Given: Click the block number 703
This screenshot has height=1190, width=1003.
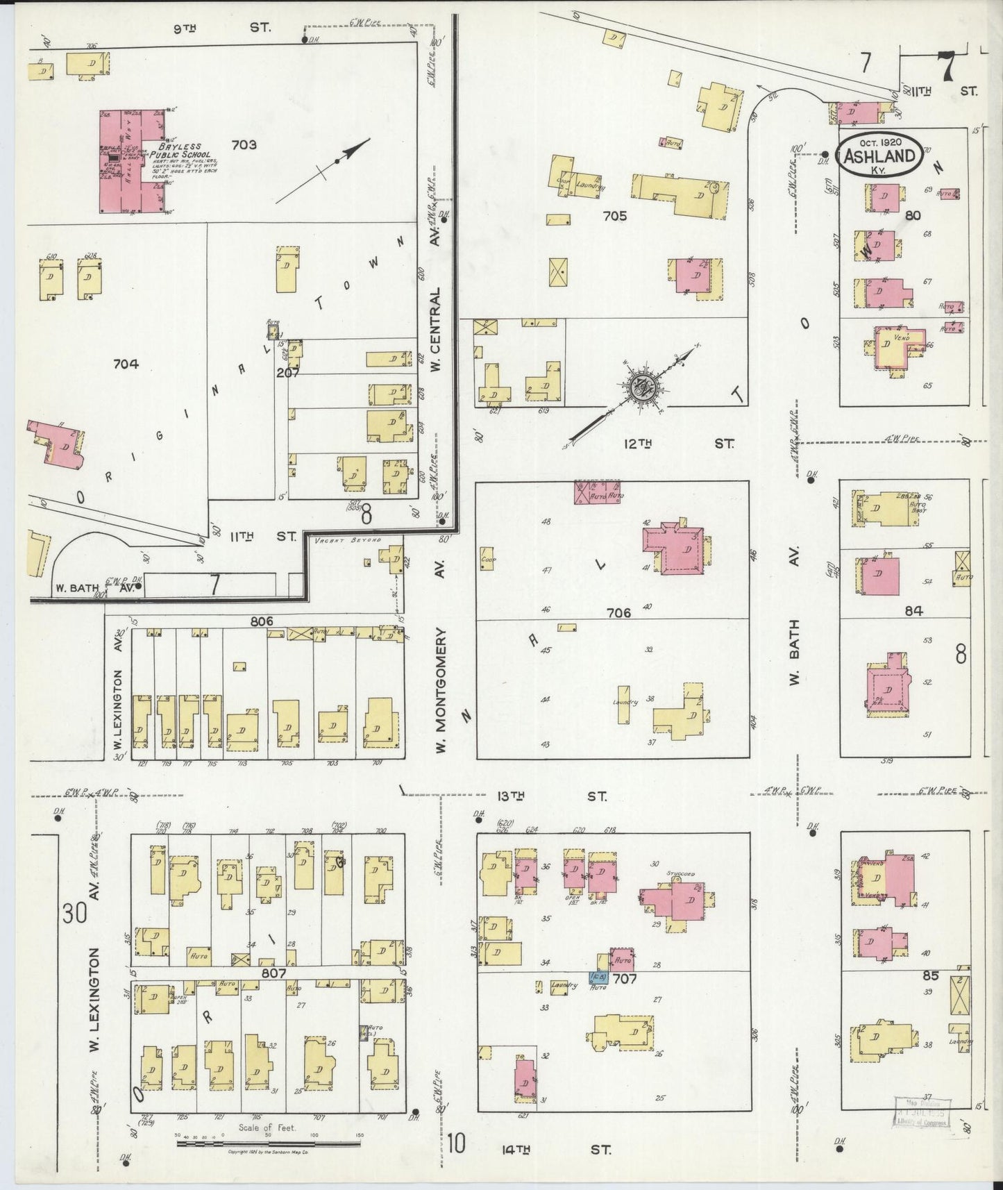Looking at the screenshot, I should click(244, 144).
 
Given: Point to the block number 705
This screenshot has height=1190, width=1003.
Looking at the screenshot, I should click(615, 216).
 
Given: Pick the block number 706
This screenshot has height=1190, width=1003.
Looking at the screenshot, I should click(618, 612).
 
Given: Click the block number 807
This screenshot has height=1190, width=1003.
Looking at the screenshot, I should click(274, 973).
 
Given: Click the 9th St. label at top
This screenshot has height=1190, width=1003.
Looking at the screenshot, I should click(220, 28).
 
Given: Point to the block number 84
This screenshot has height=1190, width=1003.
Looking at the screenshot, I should click(913, 611).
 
